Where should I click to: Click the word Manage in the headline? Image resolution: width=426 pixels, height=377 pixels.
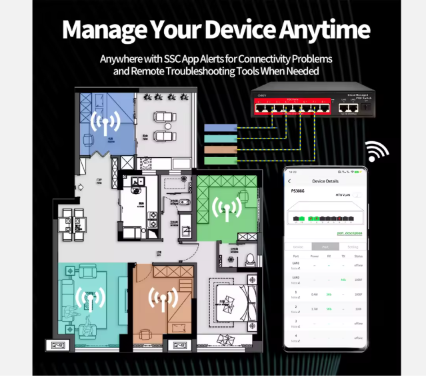(100, 30)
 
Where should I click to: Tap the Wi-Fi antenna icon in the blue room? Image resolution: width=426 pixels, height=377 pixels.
(105, 123)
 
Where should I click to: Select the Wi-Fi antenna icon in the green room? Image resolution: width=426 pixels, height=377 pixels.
(227, 209)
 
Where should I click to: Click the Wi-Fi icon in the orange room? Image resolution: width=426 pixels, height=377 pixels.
(163, 299)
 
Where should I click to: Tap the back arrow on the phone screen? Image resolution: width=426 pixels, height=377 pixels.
(289, 181)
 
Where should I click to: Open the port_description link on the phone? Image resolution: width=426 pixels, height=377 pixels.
(349, 233)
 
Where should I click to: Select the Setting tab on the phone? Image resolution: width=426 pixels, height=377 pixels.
(353, 246)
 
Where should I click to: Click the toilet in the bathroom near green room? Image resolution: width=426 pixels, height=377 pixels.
(251, 259)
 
